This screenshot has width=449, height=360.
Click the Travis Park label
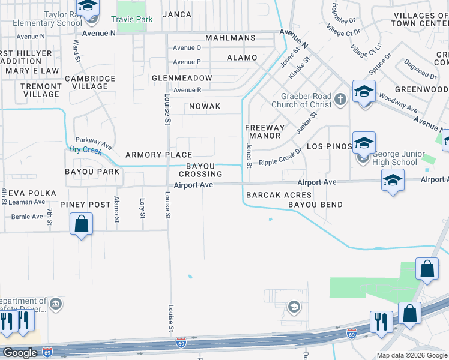136,19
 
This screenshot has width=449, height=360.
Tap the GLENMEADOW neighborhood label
182,78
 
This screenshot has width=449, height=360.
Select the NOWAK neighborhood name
205,106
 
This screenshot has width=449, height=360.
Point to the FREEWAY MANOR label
264,131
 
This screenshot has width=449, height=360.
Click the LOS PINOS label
328,146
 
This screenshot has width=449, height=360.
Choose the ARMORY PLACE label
158,155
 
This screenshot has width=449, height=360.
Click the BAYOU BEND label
315,205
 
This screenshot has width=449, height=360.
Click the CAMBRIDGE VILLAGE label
90,82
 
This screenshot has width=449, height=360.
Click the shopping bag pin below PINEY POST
82,225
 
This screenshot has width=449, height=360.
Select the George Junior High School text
391,158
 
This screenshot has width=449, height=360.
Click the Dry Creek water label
82,149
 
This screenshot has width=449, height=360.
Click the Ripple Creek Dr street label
279,158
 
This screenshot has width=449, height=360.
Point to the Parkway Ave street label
94,142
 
